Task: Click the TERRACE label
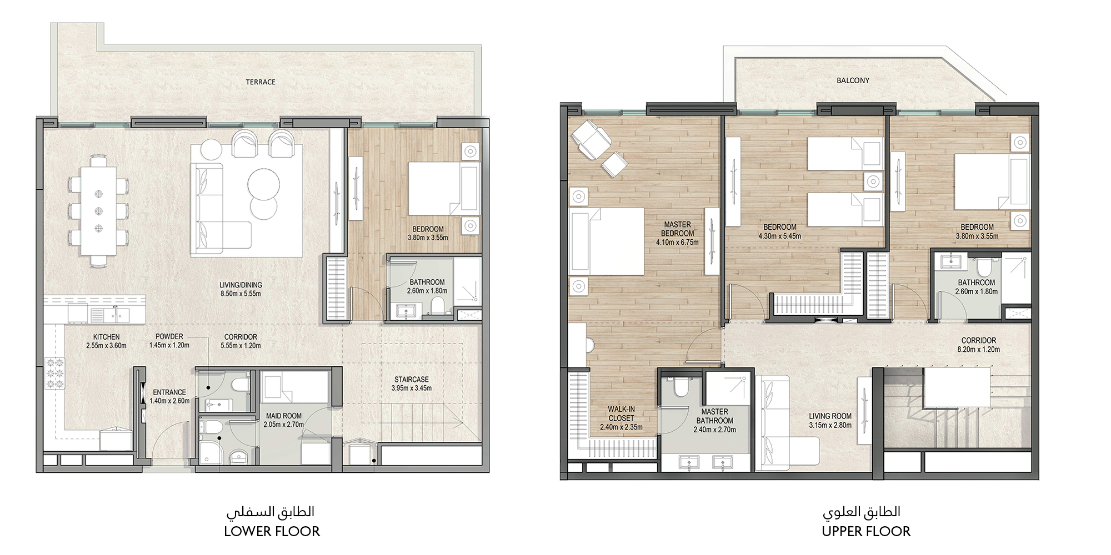coord(261,82)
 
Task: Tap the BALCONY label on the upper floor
coord(853,80)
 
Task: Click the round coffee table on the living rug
coord(264,184)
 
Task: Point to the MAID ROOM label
coord(284,416)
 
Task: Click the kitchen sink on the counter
coord(109,315)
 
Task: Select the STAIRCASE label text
coord(412,380)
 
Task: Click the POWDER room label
coord(169,336)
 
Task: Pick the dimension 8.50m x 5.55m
coord(240,294)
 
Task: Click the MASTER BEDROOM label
coord(677,229)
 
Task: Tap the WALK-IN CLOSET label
coord(621,413)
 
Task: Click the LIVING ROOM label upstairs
coord(830,416)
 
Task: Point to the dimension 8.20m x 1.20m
coord(978,350)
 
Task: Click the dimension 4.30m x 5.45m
coord(779,236)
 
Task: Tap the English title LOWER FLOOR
coord(272,532)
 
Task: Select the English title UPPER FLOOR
coord(866,532)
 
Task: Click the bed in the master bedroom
coord(607,242)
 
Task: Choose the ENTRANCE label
coord(169,392)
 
